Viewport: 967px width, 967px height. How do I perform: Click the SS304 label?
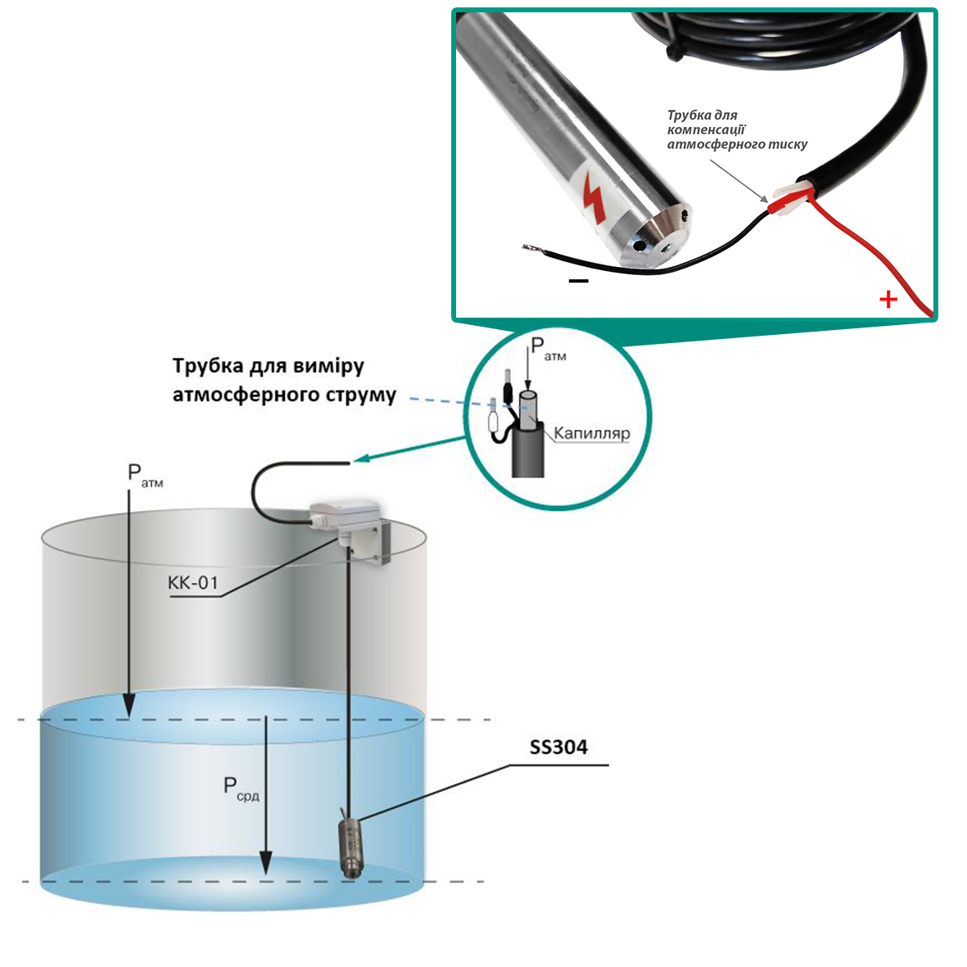point(558,748)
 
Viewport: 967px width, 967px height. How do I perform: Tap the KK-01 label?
point(193,583)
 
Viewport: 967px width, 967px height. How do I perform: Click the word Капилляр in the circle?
point(592,433)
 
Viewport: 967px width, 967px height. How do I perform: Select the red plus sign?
point(888,300)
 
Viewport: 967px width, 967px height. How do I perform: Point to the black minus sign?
point(578,281)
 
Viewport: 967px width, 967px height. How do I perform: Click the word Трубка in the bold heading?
point(206,366)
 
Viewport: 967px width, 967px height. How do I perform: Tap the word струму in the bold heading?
point(360,395)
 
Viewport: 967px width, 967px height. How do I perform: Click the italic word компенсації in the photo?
point(706,130)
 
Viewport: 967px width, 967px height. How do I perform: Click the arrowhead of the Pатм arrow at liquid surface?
point(129,707)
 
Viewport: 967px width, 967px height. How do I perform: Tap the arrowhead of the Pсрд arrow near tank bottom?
point(265,862)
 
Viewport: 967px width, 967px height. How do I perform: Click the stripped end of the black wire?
point(531,249)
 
